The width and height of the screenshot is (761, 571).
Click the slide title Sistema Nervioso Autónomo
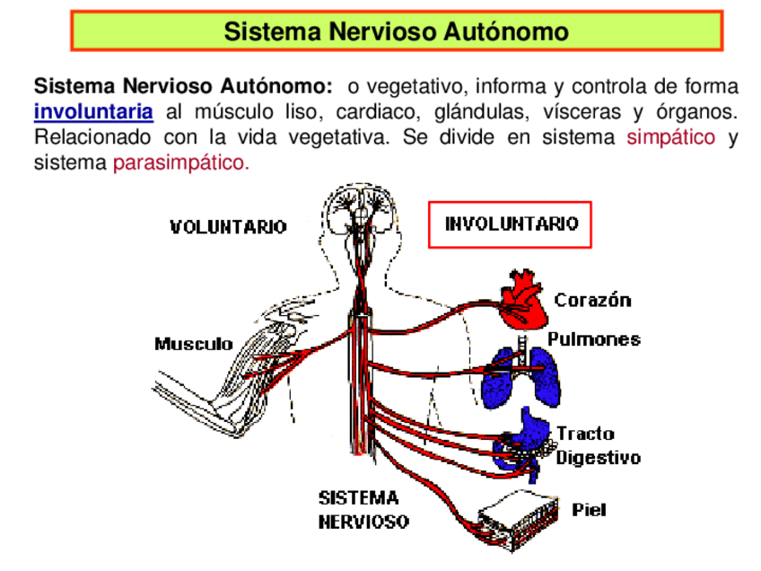396,32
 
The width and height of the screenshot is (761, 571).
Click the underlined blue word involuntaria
93,113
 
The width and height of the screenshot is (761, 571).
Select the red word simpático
670,138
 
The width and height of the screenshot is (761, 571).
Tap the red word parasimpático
180,164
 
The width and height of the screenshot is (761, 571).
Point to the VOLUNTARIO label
228,227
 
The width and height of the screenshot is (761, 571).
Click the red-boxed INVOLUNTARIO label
511,224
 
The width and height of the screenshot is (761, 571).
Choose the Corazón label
592,300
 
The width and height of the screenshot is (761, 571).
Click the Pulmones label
594,339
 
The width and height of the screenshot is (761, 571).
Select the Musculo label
193,344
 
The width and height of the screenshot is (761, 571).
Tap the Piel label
589,510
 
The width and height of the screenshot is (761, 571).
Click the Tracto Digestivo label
598,446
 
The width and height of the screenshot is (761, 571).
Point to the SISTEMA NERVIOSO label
363,509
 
